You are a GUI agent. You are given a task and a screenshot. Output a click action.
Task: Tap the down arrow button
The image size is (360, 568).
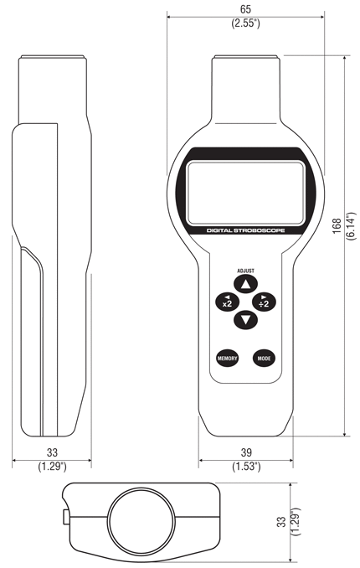click(245, 320)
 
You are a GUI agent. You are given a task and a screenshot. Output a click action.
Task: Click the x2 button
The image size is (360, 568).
click(227, 302)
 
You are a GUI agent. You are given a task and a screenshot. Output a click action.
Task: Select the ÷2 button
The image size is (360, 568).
click(264, 302)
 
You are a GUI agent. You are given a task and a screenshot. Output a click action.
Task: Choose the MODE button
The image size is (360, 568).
click(264, 359)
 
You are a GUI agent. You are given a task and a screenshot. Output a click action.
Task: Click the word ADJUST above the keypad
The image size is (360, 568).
click(245, 271)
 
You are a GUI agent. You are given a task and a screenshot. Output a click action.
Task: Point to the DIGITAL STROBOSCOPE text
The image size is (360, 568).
click(245, 230)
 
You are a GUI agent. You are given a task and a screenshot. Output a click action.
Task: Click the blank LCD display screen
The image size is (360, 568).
click(245, 193)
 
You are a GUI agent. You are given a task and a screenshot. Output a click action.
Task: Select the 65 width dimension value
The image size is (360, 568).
click(245, 9)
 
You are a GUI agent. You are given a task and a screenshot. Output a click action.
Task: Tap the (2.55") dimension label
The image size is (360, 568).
click(245, 23)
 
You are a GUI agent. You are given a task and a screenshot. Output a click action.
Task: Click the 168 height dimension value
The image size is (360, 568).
click(337, 226)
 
